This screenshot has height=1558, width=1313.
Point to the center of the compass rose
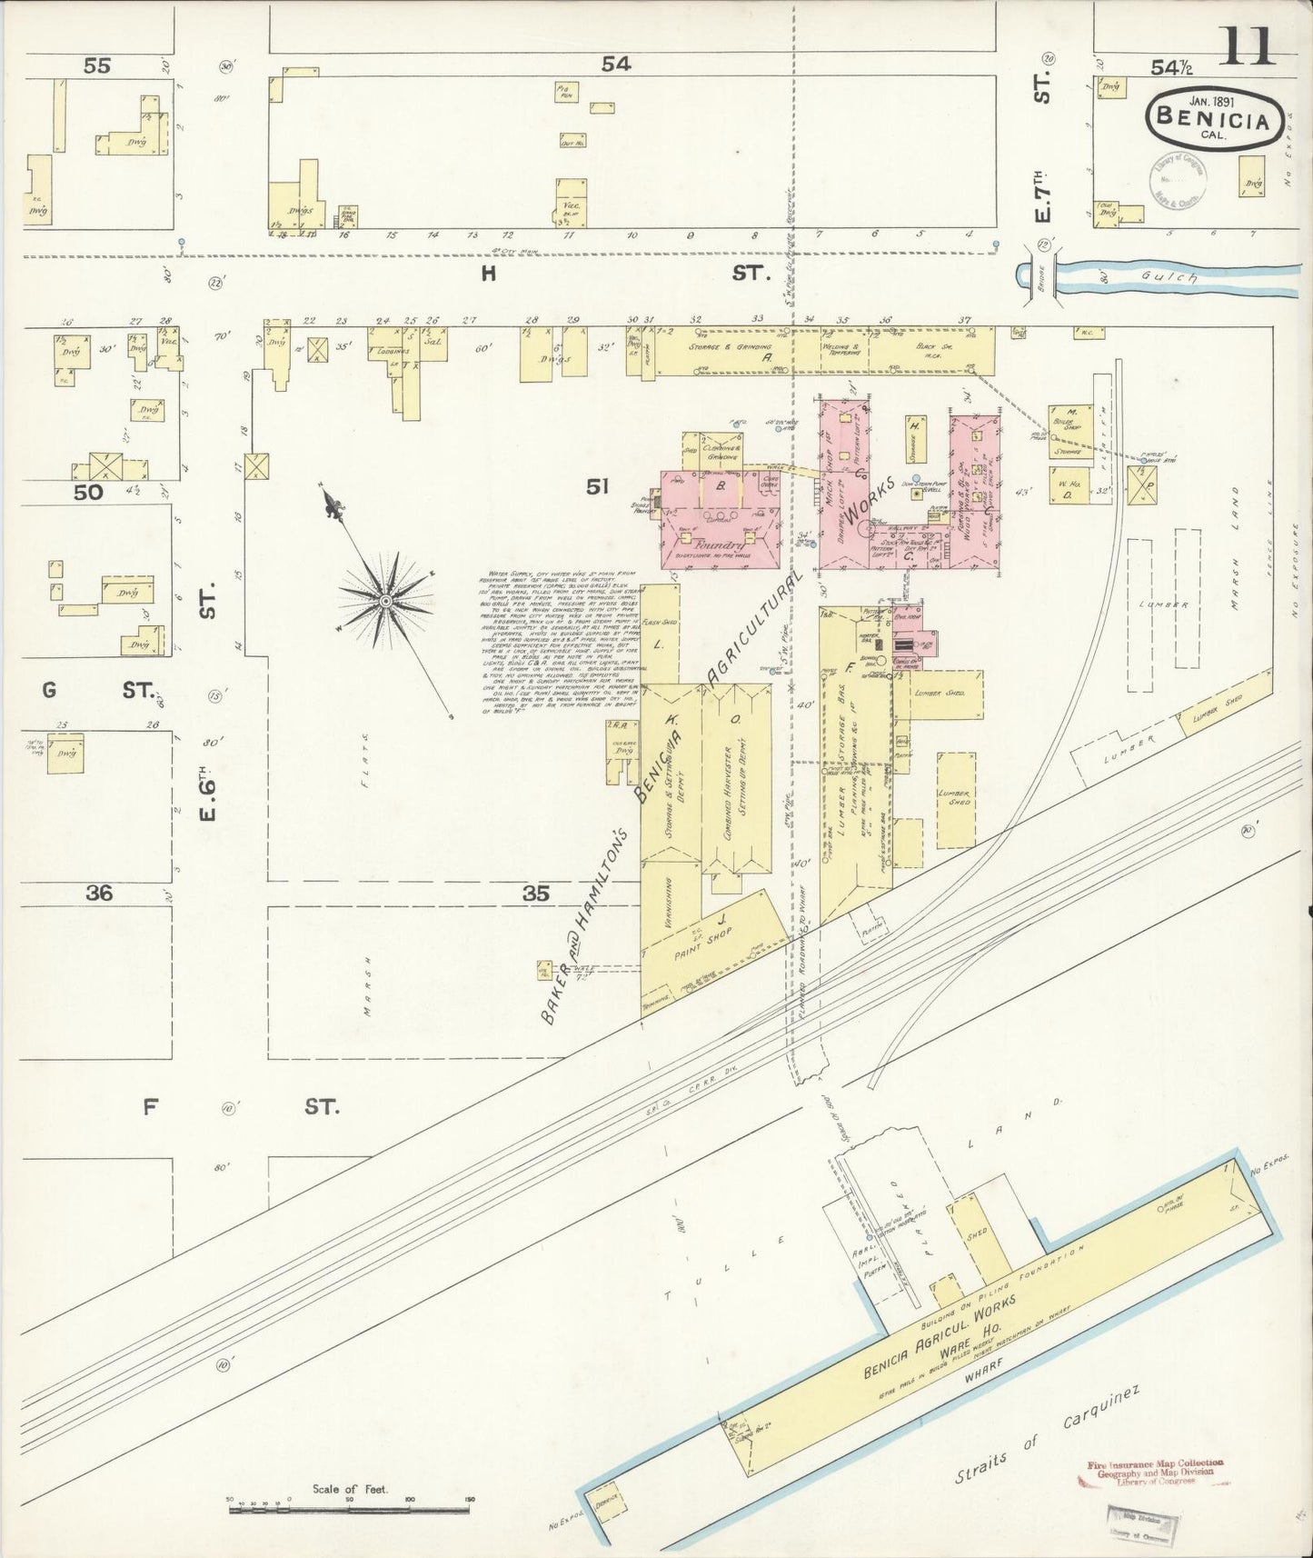(386, 602)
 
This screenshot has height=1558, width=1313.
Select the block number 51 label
(596, 488)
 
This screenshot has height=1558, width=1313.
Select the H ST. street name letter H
(488, 273)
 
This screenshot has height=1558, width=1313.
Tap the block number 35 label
(535, 894)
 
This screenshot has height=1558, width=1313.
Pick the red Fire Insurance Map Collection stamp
(1154, 1473)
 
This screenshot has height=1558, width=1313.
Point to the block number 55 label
(96, 65)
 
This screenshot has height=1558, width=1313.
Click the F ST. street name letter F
(151, 1107)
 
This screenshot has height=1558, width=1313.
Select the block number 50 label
(89, 492)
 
